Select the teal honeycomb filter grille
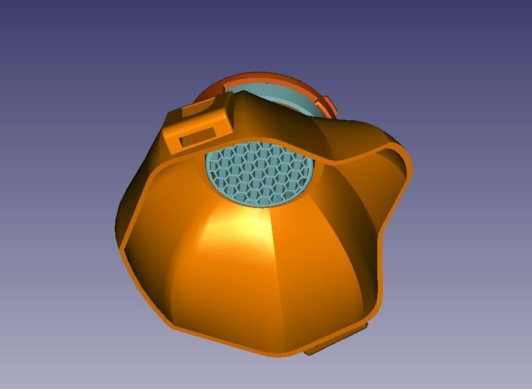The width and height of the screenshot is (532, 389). [x=261, y=173]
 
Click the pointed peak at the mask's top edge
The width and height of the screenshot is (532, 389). [x=244, y=94]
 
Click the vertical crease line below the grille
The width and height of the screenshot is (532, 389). [x=273, y=258]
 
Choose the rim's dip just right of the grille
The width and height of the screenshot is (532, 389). [x=331, y=161]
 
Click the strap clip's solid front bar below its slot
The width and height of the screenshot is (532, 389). [x=199, y=145]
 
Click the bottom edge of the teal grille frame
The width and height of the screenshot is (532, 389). [x=261, y=204]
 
